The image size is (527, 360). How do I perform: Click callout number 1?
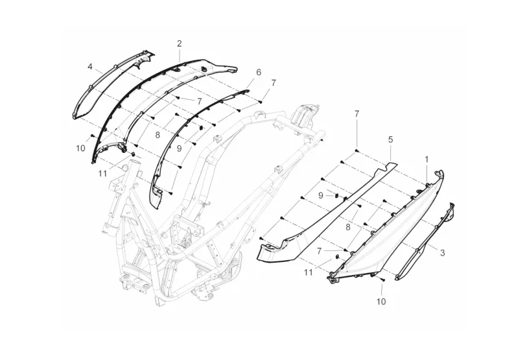(x=427, y=158)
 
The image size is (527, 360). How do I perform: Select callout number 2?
(x=180, y=43)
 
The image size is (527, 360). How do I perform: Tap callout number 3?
(x=443, y=252)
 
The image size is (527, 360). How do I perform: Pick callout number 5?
(x=390, y=139)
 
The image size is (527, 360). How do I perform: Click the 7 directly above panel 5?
(x=357, y=114)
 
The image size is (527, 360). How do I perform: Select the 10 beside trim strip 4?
(x=80, y=149)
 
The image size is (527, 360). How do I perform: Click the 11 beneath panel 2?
(x=102, y=173)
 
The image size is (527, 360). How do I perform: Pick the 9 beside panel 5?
(x=320, y=195)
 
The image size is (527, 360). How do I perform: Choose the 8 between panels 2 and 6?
(x=157, y=135)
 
